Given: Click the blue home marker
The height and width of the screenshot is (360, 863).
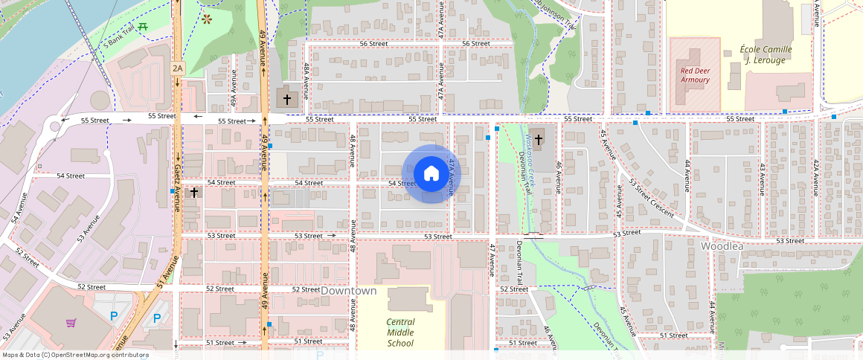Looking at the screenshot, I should [431, 173].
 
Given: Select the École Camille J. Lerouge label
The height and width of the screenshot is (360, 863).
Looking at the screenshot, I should [766, 54].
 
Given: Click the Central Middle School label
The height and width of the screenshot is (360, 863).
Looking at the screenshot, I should [400, 332].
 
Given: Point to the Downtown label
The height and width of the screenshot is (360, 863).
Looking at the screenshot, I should [348, 291].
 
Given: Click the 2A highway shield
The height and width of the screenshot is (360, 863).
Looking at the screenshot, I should [177, 68].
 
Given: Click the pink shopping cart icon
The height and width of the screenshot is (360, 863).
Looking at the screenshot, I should [71, 323].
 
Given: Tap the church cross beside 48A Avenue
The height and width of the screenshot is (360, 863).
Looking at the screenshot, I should [286, 98].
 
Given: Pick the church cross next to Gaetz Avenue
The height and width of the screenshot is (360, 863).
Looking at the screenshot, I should [193, 192].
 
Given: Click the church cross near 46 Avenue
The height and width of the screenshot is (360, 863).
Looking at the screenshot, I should [538, 139].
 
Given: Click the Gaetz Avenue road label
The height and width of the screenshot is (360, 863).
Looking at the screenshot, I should [177, 186].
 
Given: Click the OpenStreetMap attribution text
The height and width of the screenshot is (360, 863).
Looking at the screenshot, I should [75, 355].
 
